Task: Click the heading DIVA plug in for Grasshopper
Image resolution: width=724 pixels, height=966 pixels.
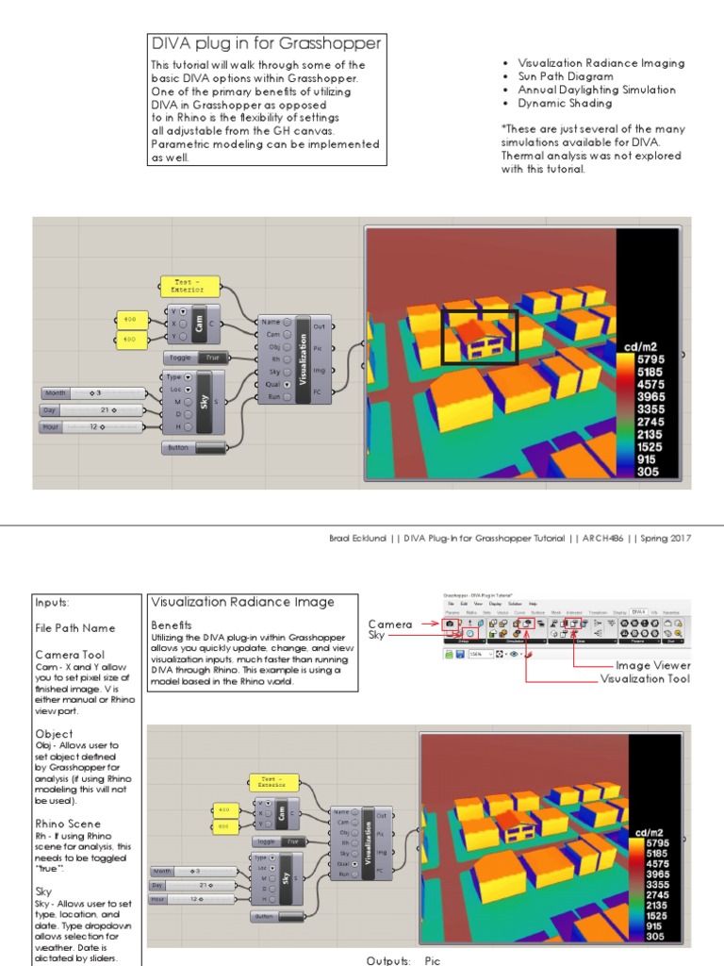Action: coord(266,43)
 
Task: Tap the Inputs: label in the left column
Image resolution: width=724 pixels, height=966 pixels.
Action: coord(53,602)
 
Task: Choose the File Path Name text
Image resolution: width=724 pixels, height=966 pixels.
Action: coord(75,627)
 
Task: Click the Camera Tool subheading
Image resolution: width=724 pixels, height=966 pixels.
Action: coord(71,654)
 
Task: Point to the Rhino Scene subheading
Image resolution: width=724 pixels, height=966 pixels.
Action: coord(68,824)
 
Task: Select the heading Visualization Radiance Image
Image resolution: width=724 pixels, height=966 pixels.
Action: coord(241,602)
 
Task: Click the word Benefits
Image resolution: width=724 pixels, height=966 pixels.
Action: coord(172,625)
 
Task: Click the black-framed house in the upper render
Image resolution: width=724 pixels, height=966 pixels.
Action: coord(480,337)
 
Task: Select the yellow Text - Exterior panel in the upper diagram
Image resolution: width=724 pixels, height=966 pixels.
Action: coord(190,286)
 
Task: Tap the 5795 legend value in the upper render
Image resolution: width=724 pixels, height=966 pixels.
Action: coord(650,359)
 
